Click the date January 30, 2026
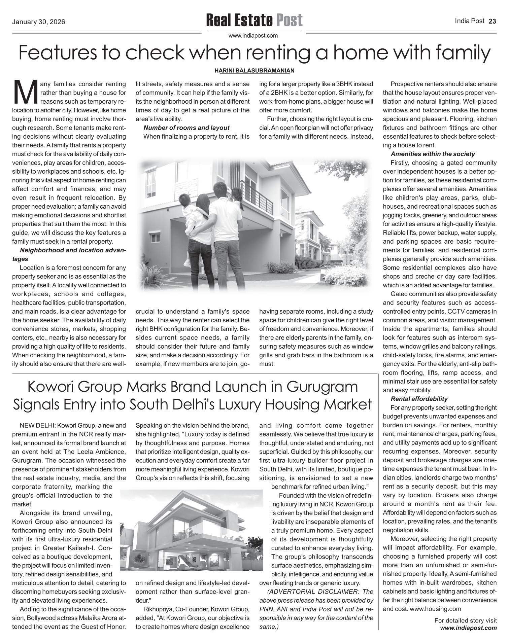click(38, 22)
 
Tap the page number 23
click(493, 21)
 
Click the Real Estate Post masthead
click(254, 20)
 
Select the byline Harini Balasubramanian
click(254, 71)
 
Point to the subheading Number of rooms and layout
click(186, 128)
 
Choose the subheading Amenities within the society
click(433, 154)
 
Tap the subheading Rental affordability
click(419, 399)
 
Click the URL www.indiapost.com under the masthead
click(253, 36)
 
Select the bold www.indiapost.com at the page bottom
click(468, 628)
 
